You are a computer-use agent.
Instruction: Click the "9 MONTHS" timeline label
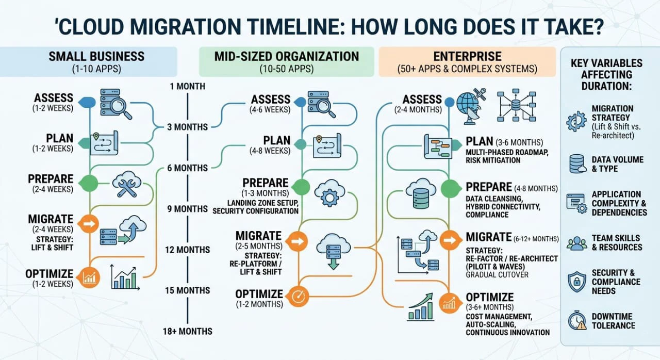(x=187, y=209)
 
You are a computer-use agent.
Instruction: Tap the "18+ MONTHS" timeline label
(x=188, y=331)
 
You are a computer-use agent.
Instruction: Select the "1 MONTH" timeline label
(x=187, y=86)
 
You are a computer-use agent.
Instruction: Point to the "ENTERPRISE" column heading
(x=468, y=56)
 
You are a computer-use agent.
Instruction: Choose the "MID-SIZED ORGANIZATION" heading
(x=287, y=56)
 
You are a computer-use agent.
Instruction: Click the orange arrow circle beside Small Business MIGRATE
(x=90, y=224)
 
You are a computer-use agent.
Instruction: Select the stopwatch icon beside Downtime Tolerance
(x=577, y=321)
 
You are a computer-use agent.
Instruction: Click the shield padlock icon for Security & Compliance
(x=576, y=282)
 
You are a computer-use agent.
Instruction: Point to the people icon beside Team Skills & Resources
(x=576, y=243)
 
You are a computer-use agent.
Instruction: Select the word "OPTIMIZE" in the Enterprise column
(x=489, y=297)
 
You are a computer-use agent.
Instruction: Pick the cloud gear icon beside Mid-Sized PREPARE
(x=329, y=193)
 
